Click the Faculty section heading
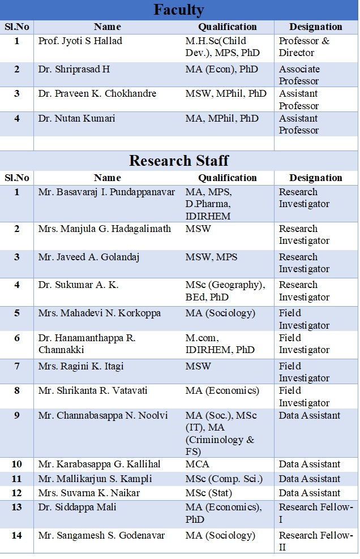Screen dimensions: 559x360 [x=179, y=10]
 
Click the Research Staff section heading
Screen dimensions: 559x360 [x=179, y=160]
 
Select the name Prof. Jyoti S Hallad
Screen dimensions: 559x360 [x=80, y=41]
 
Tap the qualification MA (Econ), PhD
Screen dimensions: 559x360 [x=222, y=70]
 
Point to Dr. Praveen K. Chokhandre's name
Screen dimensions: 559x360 [x=97, y=94]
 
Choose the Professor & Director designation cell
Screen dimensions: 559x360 [x=304, y=47]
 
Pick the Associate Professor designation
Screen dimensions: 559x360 [x=299, y=75]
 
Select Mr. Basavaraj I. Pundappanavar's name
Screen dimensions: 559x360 [x=107, y=192]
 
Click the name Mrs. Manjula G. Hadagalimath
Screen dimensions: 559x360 [x=105, y=229]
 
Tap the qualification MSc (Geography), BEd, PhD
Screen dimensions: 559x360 [x=225, y=291]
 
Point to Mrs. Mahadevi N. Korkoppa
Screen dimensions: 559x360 [x=100, y=313]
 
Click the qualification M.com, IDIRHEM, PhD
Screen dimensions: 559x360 [x=220, y=344]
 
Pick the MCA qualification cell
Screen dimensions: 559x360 [x=198, y=465]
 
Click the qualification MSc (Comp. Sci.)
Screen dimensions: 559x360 [x=224, y=479]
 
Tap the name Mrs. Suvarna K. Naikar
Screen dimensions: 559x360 [x=90, y=493]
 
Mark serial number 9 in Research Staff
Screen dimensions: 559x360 [x=17, y=416]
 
